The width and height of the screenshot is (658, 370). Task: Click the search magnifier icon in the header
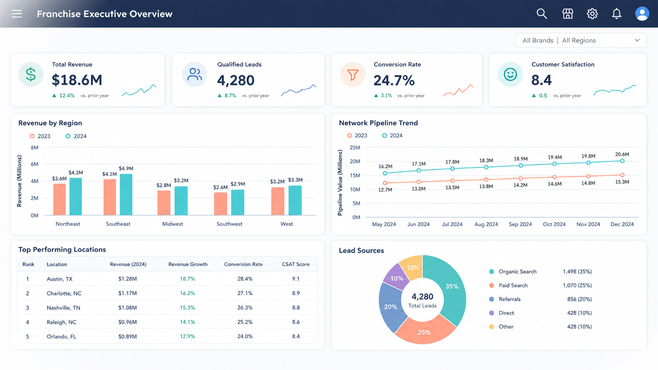click(x=542, y=13)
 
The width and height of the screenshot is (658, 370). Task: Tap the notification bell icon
click(x=617, y=13)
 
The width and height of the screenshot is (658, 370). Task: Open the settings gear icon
click(x=592, y=13)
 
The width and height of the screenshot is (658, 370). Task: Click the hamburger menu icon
click(x=17, y=14)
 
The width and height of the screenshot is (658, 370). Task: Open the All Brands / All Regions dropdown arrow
click(x=637, y=40)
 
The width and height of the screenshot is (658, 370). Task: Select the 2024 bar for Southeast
click(x=126, y=195)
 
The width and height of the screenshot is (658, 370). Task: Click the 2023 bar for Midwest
click(x=164, y=203)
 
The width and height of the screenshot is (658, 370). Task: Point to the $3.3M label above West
click(x=295, y=180)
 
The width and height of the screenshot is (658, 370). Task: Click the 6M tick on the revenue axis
click(x=35, y=164)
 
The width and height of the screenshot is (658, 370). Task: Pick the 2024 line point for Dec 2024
click(x=622, y=161)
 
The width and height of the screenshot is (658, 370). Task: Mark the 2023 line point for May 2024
click(x=385, y=183)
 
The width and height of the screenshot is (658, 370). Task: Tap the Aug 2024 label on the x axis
click(x=486, y=224)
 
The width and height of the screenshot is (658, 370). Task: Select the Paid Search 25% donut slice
click(x=425, y=331)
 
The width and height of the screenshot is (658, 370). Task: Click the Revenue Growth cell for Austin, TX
click(x=187, y=279)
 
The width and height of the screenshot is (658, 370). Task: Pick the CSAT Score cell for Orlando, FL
click(x=296, y=336)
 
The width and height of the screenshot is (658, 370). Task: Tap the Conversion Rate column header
click(x=243, y=264)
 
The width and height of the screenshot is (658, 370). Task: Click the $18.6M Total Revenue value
click(x=77, y=80)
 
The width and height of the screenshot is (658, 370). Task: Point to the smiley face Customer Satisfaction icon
click(x=510, y=74)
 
